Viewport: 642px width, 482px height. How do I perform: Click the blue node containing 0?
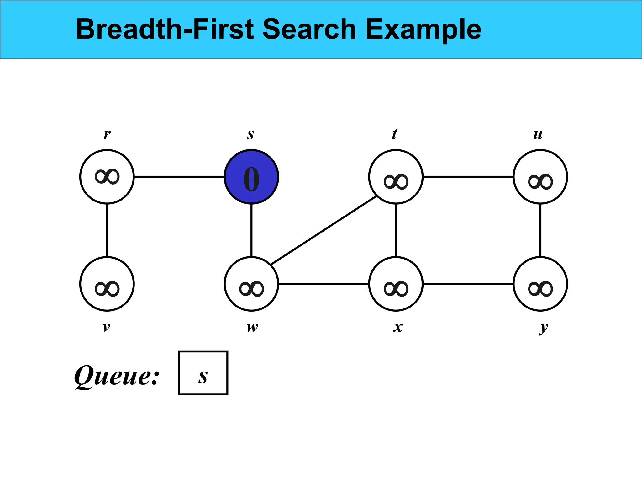coord(251,177)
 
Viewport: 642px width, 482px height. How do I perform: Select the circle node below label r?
coord(107,177)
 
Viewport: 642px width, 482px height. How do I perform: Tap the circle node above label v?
coord(107,284)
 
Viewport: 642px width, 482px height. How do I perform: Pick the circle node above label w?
coord(251,284)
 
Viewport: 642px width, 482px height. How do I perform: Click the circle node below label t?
coord(396,177)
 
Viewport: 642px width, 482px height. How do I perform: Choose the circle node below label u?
coord(540,177)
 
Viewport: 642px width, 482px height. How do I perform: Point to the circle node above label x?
coord(396,284)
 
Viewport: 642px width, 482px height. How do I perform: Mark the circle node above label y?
coord(540,284)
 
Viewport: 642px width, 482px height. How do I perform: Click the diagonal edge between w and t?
coord(324,230)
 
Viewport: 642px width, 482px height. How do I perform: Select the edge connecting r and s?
coord(179,177)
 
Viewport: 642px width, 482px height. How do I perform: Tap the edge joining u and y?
coord(540,230)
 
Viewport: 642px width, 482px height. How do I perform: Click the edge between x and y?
coord(468,284)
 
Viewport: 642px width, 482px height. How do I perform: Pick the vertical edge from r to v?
coord(107,230)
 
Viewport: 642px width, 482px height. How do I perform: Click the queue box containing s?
coord(203,373)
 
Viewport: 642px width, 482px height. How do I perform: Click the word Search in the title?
coord(309,29)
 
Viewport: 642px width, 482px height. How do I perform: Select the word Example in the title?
coord(423,30)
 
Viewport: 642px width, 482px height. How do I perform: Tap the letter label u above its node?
coord(538,134)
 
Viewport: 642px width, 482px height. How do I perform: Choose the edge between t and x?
coord(396,230)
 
